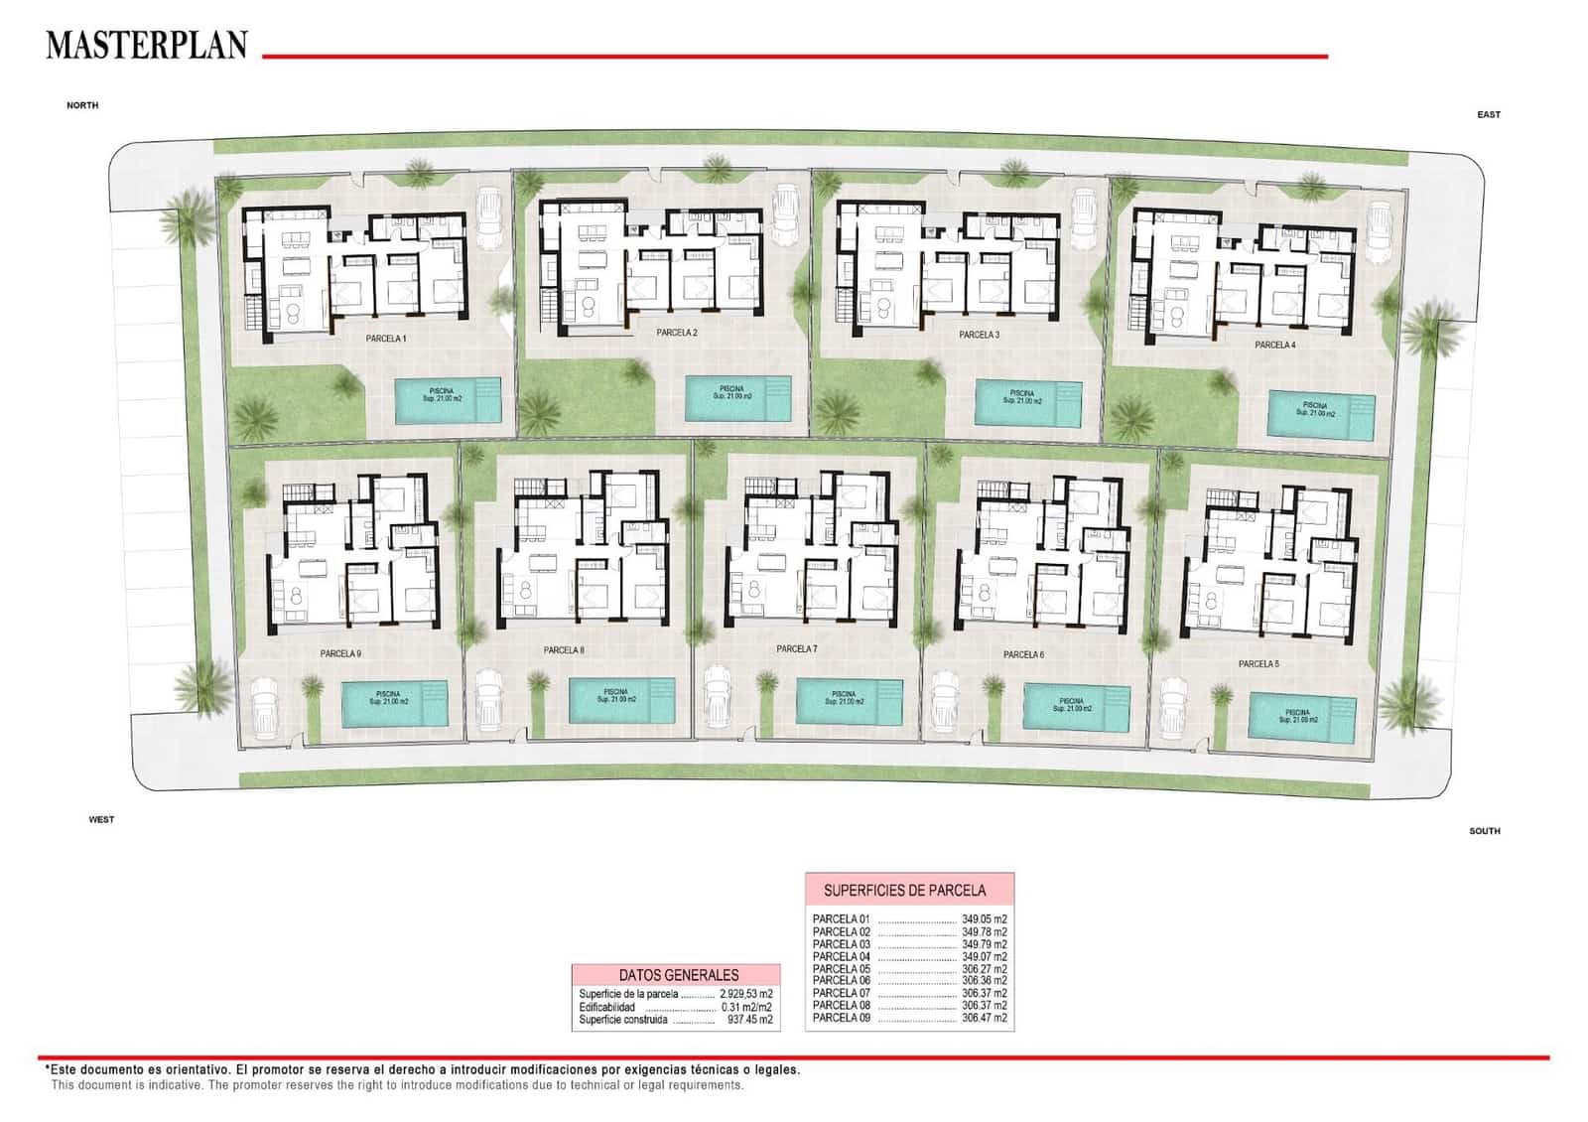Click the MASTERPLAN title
click(146, 46)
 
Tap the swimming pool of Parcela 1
click(449, 400)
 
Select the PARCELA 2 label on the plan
click(676, 333)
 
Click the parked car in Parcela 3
click(1084, 215)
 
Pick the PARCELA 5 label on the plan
click(1257, 663)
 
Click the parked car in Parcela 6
click(946, 701)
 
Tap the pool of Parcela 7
click(849, 701)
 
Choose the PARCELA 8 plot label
click(564, 650)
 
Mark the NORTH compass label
click(82, 105)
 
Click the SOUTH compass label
click(1484, 831)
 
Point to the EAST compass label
click(1488, 115)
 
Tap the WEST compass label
click(101, 820)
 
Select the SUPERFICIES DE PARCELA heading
click(904, 890)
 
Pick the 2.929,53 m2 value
click(745, 994)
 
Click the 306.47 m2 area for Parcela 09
click(984, 1018)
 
